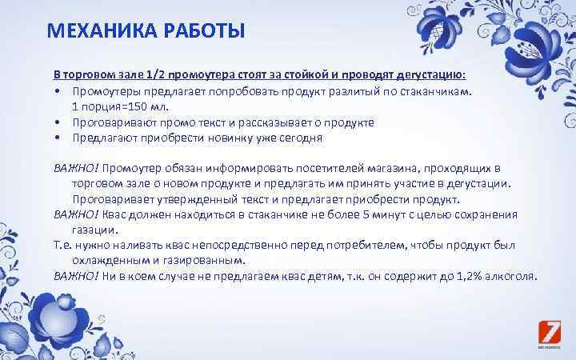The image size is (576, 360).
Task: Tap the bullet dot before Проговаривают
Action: [59, 122]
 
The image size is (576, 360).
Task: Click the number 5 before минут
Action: [366, 214]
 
